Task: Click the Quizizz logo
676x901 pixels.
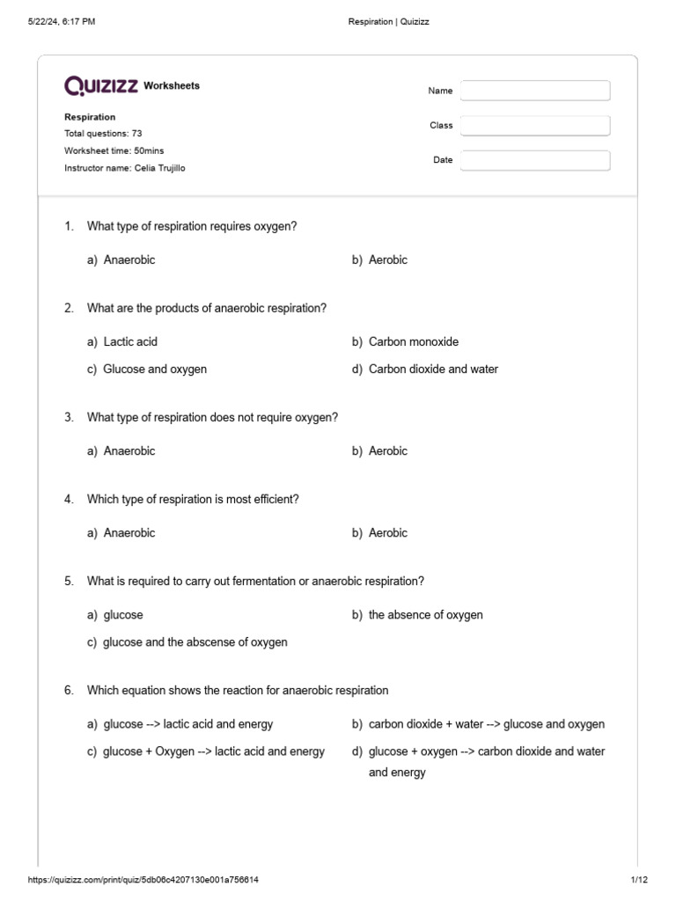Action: (101, 85)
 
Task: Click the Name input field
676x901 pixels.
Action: (534, 91)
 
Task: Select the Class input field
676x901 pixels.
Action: (534, 126)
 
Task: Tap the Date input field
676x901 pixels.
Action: (534, 160)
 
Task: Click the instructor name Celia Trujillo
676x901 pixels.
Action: (159, 168)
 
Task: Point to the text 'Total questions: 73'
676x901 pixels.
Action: (103, 134)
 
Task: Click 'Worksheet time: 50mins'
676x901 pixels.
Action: (114, 150)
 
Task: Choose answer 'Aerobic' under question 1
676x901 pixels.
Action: (387, 260)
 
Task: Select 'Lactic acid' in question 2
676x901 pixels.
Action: (130, 341)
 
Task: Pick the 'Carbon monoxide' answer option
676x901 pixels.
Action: (413, 341)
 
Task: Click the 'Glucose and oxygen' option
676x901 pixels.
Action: (155, 369)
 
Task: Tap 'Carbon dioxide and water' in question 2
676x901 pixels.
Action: (433, 369)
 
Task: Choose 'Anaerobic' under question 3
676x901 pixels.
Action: (129, 450)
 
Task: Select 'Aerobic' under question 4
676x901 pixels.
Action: (387, 532)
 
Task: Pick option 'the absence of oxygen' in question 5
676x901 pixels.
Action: (425, 615)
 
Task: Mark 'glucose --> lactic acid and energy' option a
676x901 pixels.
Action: (187, 724)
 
